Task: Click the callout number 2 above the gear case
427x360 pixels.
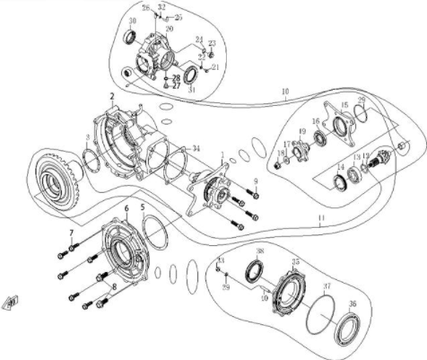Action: [112, 95]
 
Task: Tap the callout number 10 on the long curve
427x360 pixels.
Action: [285, 91]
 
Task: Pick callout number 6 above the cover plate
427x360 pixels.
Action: [126, 208]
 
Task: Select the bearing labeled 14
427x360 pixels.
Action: [342, 183]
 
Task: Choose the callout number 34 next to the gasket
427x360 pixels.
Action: [196, 148]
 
